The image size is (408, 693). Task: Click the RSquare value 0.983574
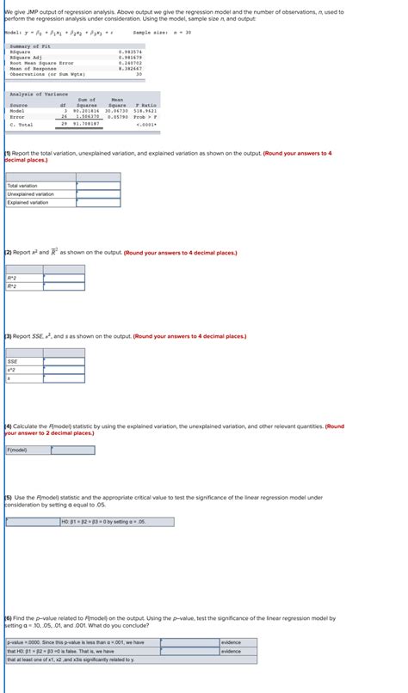[x=131, y=52]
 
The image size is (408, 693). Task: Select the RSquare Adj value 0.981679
[x=131, y=57]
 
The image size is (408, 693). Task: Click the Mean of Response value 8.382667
[x=131, y=68]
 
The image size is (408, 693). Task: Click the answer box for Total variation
[x=98, y=185]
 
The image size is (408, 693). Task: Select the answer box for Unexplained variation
[x=98, y=193]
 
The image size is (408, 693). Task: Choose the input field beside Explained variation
[x=98, y=202]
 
